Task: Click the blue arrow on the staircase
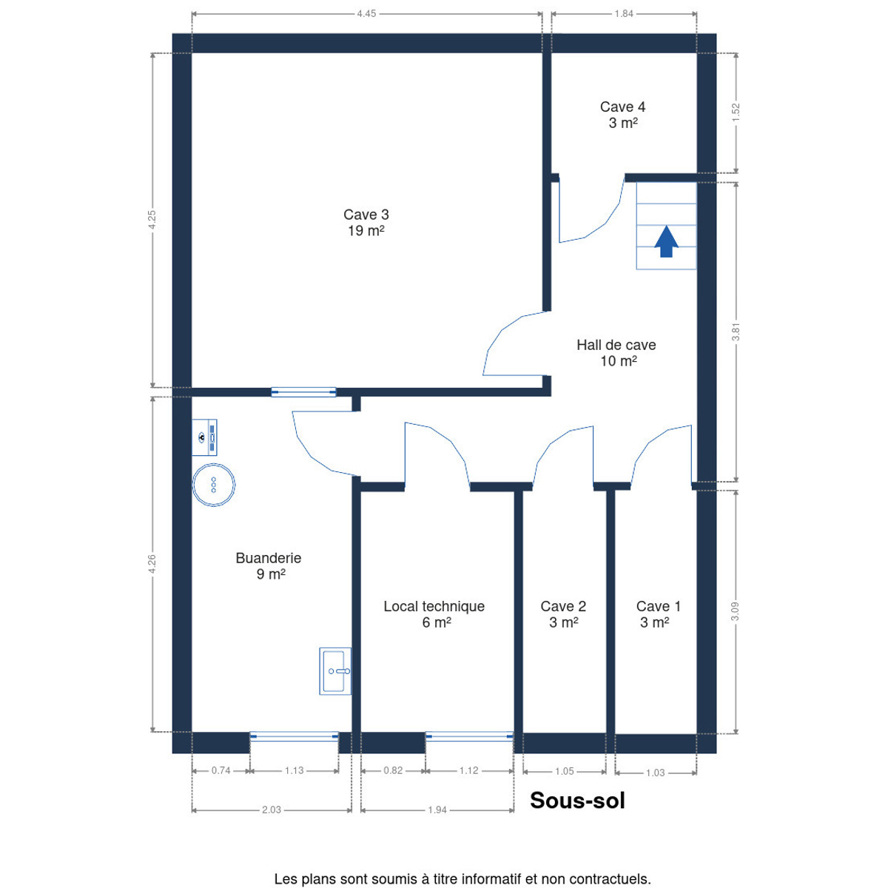pos(666,241)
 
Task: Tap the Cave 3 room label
pos(366,222)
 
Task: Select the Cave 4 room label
pos(622,115)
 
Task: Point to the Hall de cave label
pos(616,352)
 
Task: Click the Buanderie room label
pos(269,566)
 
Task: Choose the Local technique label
pos(434,614)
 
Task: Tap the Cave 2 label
pos(563,614)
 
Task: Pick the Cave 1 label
pos(658,614)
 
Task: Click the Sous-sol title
pos(577,801)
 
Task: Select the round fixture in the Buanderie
pos(213,485)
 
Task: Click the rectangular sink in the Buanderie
pos(335,671)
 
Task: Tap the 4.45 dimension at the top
pos(366,14)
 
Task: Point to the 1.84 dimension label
pos(624,14)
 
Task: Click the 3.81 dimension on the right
pos(736,332)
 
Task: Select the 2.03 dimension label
pos(272,810)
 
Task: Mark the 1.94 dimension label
pos(437,810)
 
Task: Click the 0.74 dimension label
pos(221,770)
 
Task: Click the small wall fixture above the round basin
pos(204,437)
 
